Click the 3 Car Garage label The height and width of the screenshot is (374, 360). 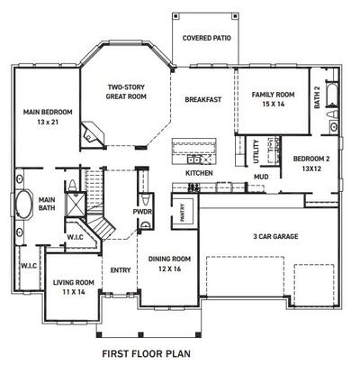[x=275, y=237]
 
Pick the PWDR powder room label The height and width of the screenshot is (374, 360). [x=141, y=213]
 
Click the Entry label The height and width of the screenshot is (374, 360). [x=121, y=269]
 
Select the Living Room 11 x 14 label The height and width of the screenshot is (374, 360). [x=67, y=287]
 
